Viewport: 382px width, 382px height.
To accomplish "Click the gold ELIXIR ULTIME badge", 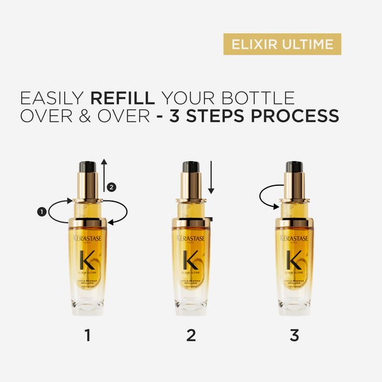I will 282,44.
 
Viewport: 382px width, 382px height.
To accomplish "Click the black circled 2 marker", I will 113,187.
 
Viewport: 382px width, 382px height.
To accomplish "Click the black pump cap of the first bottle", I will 88,167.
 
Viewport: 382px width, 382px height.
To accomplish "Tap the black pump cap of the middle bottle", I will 191,167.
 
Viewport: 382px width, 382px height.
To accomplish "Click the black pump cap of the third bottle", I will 294,167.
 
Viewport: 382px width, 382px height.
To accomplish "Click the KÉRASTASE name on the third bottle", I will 294,238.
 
